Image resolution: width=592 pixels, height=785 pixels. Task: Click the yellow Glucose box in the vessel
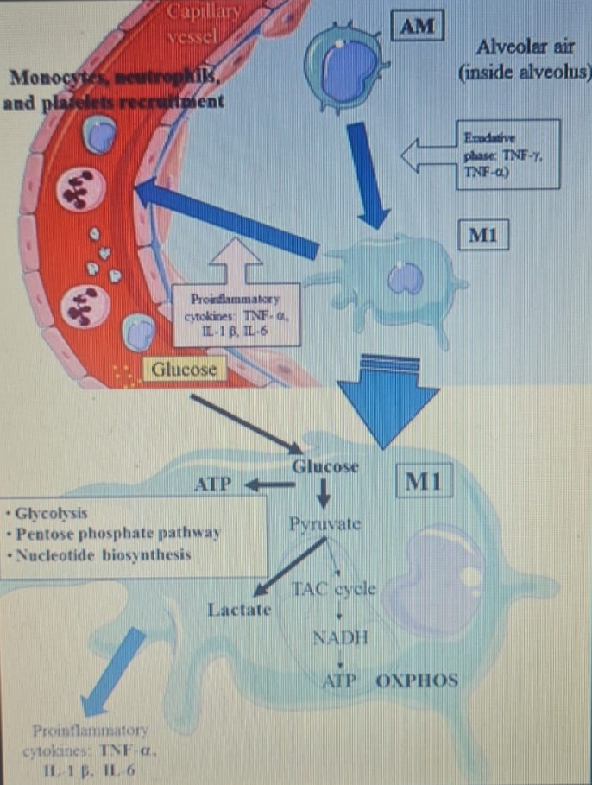coord(183,370)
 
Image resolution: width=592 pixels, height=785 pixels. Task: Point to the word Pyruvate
coord(325,524)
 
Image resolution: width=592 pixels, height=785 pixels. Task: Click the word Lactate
coord(239,610)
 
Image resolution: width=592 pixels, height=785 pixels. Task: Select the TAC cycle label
coord(334,590)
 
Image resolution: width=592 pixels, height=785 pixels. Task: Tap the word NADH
coord(340,638)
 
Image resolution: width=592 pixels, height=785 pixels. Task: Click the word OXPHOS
coord(417,680)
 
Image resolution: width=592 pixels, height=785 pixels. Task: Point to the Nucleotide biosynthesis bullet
coord(101,554)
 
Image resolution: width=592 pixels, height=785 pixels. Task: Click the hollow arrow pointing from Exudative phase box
coord(426,156)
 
